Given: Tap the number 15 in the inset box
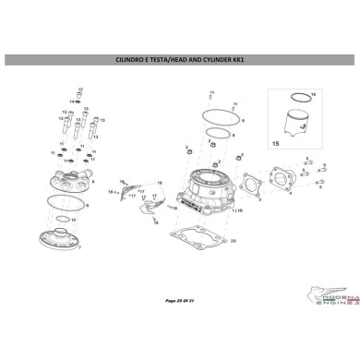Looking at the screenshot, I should [275, 144].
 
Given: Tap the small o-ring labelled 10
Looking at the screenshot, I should [63, 219].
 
